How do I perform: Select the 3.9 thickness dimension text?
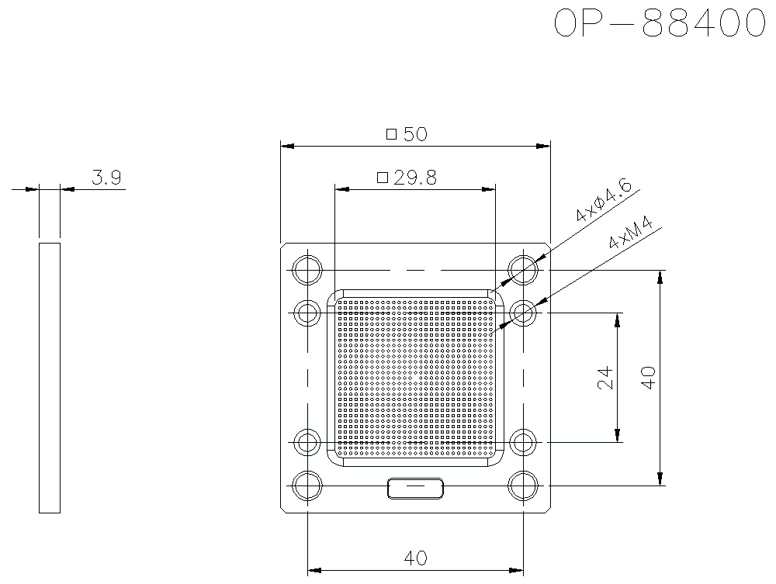[x=106, y=178]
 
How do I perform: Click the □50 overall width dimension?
[x=407, y=134]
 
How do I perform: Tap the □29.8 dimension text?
[x=407, y=178]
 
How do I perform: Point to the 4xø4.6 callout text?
[x=605, y=199]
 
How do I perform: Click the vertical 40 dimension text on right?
[x=649, y=378]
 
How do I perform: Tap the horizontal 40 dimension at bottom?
[x=416, y=557]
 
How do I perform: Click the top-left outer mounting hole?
[x=308, y=270]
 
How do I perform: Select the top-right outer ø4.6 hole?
[x=524, y=270]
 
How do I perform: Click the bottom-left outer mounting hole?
[x=308, y=486]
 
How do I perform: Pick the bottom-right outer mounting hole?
[x=524, y=486]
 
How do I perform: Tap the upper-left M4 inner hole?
[x=308, y=313]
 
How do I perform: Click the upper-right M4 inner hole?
[x=524, y=313]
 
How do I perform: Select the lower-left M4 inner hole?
[x=308, y=443]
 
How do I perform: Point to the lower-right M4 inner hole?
[x=524, y=443]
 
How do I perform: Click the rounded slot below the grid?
[x=416, y=488]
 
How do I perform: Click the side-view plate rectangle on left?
[x=50, y=377]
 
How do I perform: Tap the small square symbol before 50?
[x=391, y=135]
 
